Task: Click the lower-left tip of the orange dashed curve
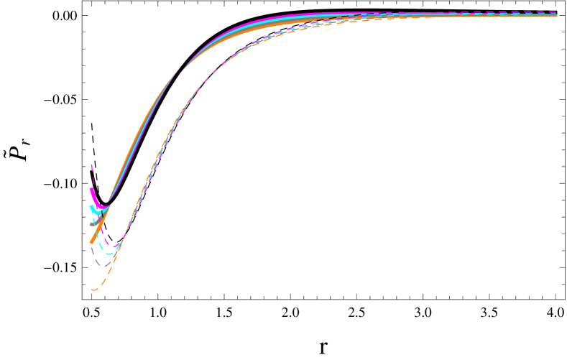coord(93,290)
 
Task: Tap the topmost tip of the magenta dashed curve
coord(92,165)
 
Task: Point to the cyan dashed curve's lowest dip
coord(110,254)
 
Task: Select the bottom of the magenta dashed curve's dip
coord(115,246)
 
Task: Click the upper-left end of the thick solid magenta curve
coord(91,190)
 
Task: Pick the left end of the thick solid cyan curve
coord(91,207)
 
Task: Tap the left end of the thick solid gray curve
coord(91,224)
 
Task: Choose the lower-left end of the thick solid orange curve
coord(91,242)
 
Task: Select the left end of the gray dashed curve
coord(91,248)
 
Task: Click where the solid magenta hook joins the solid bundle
coord(109,206)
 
